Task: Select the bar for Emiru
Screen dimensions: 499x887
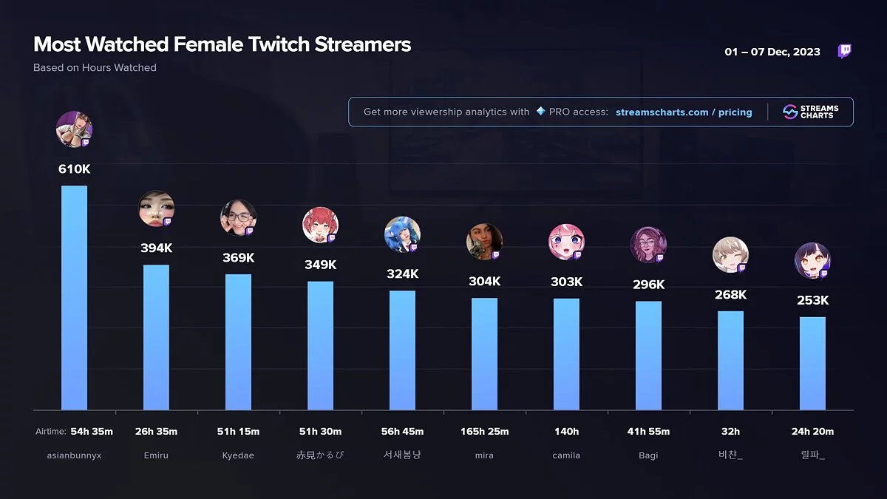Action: (156, 337)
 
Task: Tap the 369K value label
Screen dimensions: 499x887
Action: (238, 258)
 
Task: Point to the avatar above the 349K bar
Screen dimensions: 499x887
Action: (320, 225)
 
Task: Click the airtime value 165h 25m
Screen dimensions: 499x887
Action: (484, 432)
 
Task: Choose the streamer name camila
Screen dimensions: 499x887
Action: (566, 455)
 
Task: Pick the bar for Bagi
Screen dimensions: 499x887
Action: (648, 355)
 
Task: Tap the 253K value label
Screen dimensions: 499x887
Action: (812, 301)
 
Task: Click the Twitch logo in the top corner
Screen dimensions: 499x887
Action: (844, 51)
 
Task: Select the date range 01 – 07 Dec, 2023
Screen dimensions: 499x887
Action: (772, 52)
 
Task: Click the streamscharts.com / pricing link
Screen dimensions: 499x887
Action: (684, 112)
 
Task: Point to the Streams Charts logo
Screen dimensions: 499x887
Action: (810, 112)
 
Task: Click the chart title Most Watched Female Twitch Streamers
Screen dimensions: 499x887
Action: (222, 44)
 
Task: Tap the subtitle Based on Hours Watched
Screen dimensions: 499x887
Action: (95, 68)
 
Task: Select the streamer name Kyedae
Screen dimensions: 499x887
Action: (238, 455)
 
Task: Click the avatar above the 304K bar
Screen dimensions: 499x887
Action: (484, 242)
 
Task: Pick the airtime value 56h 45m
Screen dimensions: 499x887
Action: (402, 432)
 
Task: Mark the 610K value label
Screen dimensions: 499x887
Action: (74, 169)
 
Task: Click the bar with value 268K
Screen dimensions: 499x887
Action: (730, 360)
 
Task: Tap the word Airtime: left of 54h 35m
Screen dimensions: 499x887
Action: (51, 432)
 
